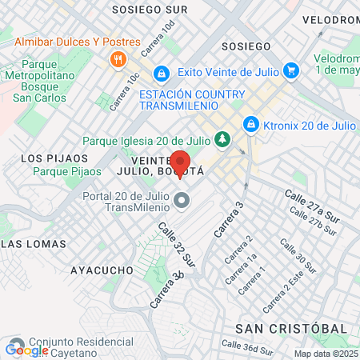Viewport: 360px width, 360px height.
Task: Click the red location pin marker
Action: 180,162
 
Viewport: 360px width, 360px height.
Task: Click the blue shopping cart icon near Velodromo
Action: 291,70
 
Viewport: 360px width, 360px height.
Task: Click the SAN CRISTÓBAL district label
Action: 290,329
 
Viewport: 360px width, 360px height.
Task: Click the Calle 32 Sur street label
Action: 177,244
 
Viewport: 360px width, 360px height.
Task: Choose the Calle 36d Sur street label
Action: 247,347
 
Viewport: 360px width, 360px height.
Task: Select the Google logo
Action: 26,350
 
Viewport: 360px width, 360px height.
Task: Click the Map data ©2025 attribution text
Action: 326,354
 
